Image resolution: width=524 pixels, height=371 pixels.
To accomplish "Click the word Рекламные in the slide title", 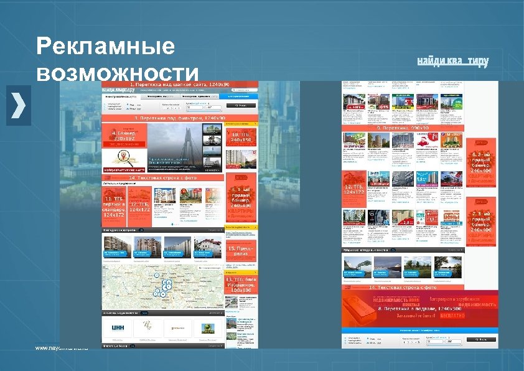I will click(x=105, y=47).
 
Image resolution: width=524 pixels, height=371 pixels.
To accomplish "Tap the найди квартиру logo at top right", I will click(x=452, y=60).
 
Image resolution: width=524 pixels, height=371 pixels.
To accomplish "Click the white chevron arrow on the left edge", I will click(x=19, y=103).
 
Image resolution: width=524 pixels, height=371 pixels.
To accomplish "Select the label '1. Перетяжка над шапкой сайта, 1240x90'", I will click(x=179, y=84).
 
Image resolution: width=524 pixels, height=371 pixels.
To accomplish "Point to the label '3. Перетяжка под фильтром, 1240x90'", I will click(x=179, y=117).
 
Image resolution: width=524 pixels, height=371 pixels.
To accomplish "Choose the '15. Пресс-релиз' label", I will click(x=239, y=252).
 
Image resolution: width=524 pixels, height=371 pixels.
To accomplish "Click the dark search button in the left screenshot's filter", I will click(x=240, y=106).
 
